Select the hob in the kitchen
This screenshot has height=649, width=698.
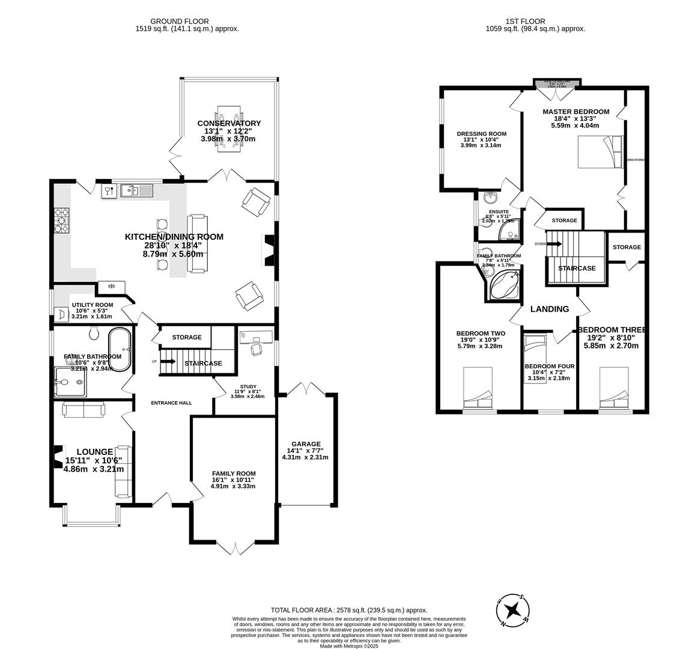(62, 220)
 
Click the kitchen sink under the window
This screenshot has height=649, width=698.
(137, 191)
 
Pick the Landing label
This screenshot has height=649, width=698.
(549, 309)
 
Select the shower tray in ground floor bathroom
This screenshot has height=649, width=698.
(70, 382)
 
